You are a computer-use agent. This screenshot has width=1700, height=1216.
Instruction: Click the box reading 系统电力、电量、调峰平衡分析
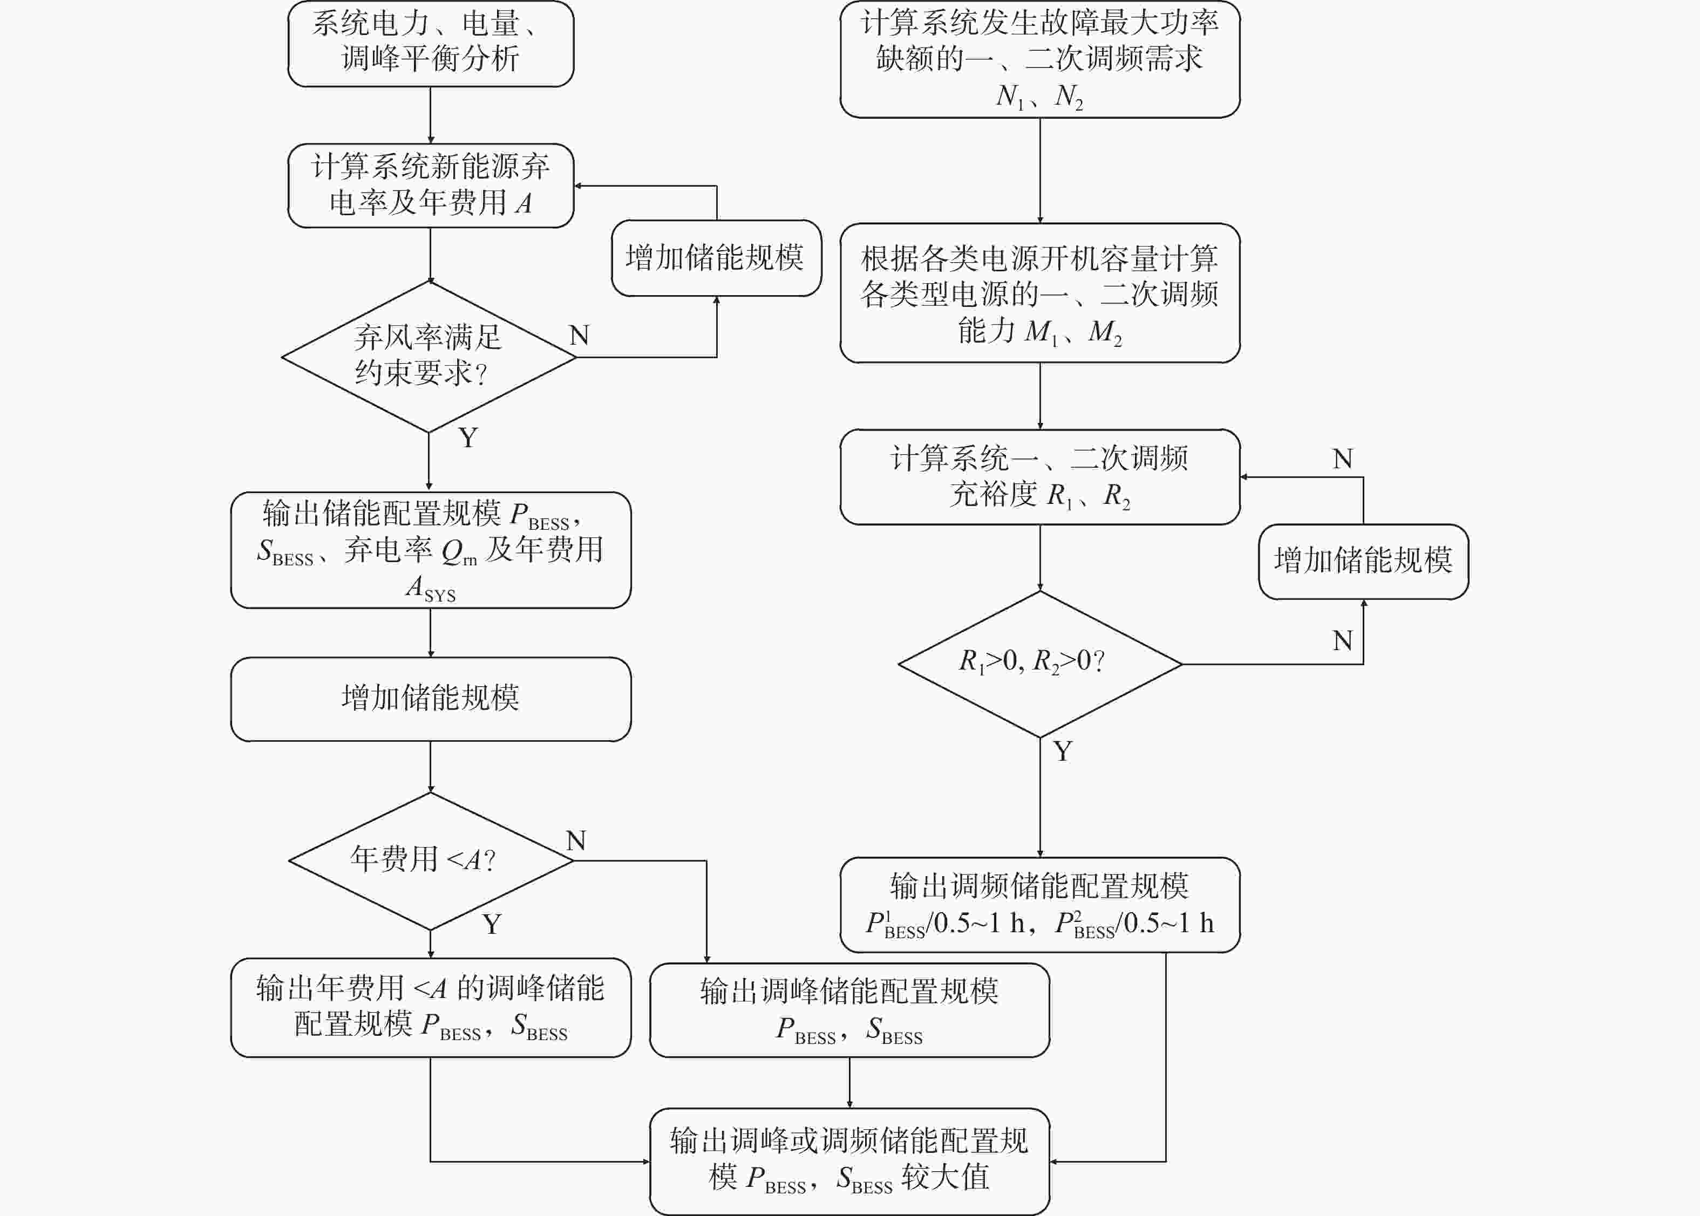(431, 43)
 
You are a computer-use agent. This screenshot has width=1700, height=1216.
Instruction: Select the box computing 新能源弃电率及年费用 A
(431, 186)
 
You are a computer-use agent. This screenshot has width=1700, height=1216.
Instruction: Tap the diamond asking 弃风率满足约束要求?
(429, 357)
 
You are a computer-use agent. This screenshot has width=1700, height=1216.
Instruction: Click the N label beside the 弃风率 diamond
(579, 334)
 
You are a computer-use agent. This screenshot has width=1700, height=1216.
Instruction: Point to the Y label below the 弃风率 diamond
(468, 438)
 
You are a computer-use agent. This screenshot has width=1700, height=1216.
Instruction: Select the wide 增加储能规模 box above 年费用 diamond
(431, 699)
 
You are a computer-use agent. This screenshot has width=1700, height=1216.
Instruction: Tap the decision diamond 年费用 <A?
(431, 860)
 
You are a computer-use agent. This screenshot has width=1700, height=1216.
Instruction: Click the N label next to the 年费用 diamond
(576, 840)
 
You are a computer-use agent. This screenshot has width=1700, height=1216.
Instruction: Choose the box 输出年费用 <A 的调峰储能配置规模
(431, 1007)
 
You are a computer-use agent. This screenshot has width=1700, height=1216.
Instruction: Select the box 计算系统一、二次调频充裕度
(1039, 477)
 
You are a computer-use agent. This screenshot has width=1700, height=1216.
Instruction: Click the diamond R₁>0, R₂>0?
(1039, 664)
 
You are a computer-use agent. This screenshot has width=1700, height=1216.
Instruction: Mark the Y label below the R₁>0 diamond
(1063, 751)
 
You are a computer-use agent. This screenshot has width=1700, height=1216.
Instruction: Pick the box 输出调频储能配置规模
(1039, 905)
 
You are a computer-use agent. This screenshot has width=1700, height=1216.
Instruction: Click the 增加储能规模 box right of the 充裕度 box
(1363, 562)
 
